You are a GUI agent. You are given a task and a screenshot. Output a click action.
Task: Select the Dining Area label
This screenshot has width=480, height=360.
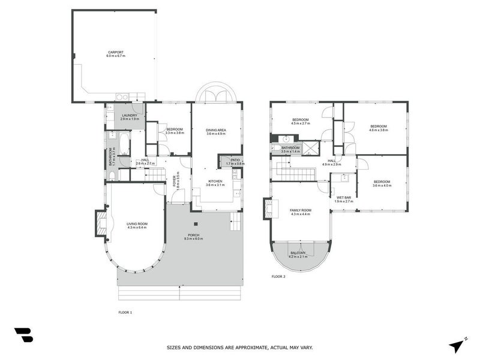215,131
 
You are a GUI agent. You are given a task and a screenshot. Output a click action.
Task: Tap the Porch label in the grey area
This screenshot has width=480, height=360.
193,236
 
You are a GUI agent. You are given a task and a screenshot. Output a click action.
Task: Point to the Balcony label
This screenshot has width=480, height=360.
298,254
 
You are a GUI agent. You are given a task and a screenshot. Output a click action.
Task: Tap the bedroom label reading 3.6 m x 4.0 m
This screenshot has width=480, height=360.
382,183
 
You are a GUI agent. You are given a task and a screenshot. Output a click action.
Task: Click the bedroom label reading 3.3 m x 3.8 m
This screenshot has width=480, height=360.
175,131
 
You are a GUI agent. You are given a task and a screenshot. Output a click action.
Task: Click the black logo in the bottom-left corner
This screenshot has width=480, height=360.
23,335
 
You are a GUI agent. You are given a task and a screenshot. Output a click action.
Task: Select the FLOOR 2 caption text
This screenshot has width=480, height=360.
278,277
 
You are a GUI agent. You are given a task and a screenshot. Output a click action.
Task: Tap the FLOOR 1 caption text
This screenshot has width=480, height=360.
125,312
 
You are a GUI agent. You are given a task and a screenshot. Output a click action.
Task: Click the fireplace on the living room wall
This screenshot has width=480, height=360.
100,223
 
